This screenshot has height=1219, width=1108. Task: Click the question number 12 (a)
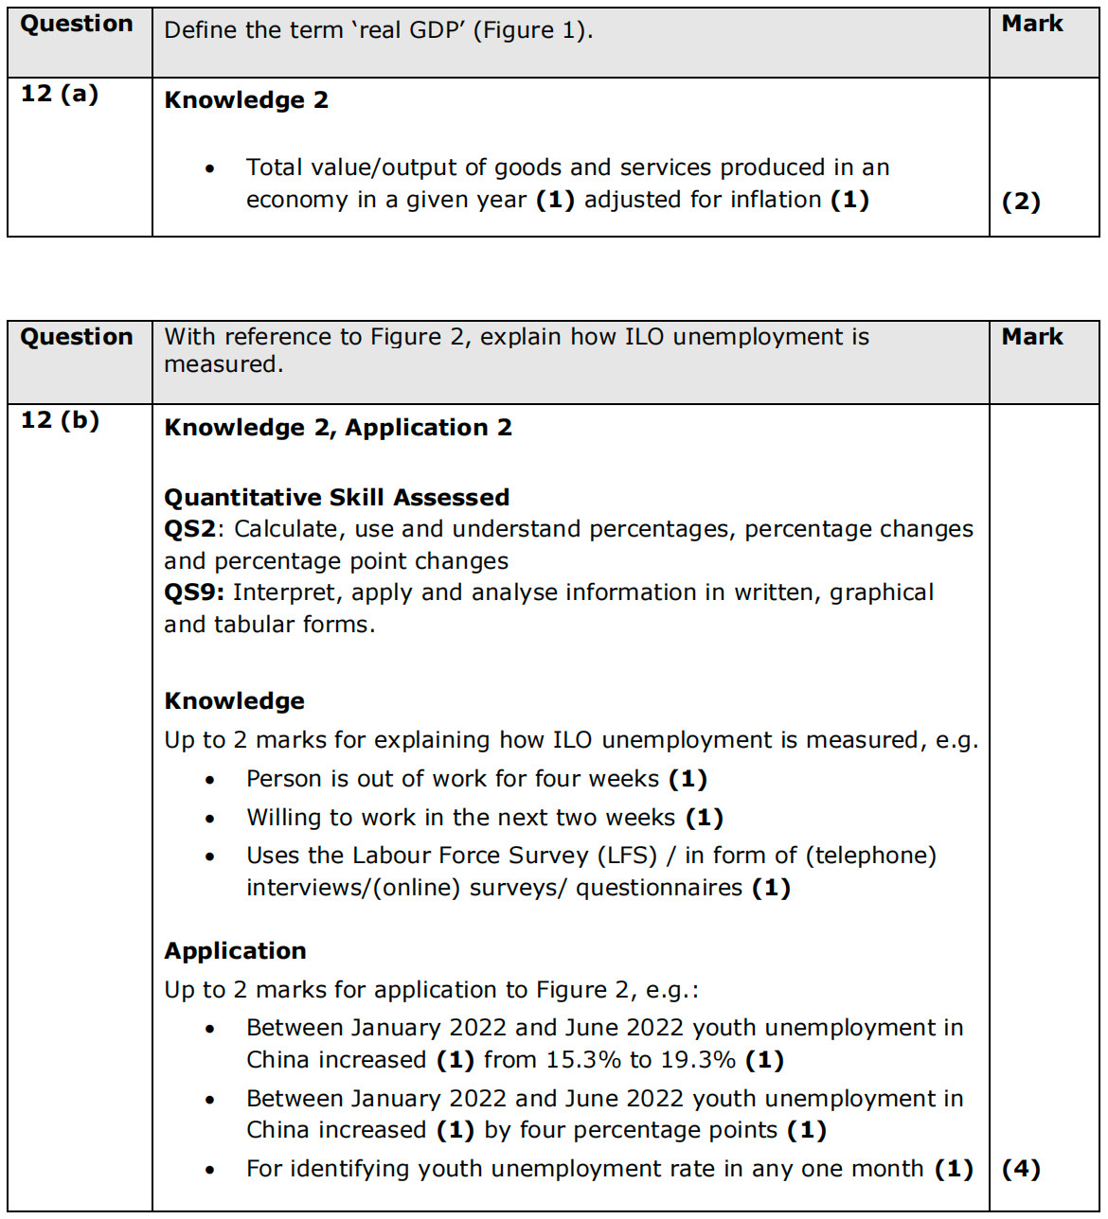[60, 94]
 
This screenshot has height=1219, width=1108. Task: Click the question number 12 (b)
[60, 420]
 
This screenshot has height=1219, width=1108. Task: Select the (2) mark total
[1021, 202]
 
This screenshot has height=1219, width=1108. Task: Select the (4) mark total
[1021, 1169]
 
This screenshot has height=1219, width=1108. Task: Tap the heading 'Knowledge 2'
[246, 100]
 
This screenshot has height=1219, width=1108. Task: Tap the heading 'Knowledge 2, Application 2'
[338, 428]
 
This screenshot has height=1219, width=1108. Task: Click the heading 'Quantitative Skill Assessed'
[337, 498]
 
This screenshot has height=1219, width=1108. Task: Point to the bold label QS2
[189, 529]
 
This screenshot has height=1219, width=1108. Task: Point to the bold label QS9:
[194, 592]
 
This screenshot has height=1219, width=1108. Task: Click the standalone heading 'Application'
[235, 951]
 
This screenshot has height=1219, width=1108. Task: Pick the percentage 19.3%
[698, 1060]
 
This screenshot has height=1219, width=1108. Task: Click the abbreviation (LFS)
[627, 856]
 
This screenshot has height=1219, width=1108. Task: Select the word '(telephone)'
[871, 856]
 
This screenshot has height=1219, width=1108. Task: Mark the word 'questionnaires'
[659, 888]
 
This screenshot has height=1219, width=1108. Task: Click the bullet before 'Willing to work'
[210, 819]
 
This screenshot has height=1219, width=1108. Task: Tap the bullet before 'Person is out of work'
[210, 780]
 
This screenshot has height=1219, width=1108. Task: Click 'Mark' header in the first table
[1032, 24]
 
